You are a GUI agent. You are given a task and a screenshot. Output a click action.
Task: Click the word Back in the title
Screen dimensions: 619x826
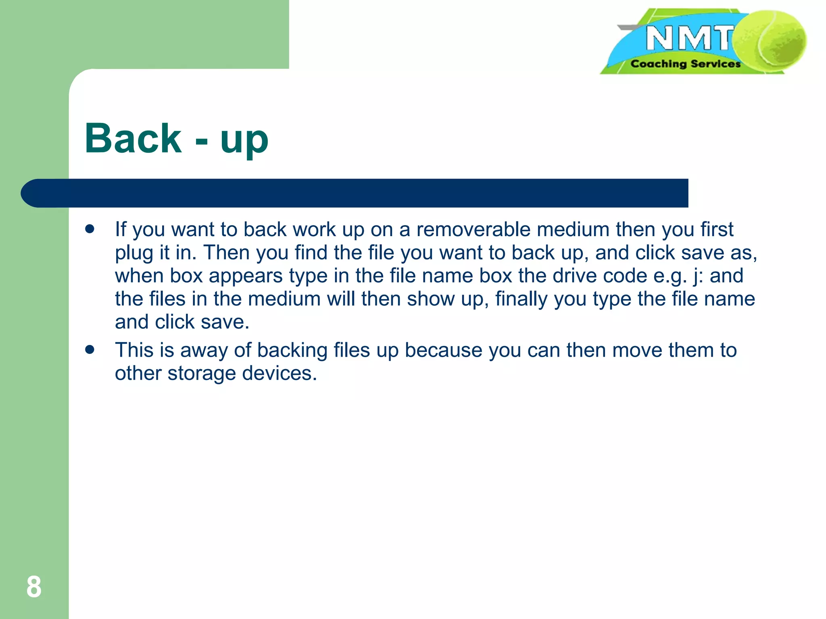133,138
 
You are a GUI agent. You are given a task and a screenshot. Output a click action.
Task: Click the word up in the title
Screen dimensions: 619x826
244,141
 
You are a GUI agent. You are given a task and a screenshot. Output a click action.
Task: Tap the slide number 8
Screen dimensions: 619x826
34,587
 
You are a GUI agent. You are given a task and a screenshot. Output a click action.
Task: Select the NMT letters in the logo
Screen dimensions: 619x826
689,38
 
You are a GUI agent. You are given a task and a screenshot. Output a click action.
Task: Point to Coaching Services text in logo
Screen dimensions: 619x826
685,64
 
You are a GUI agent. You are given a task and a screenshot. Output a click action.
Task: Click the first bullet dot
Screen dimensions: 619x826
90,229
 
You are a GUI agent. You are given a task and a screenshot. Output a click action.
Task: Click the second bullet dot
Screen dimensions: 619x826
90,349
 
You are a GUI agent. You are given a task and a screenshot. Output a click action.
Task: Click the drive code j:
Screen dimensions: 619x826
698,276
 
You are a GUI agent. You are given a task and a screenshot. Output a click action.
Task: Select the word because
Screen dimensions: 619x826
443,350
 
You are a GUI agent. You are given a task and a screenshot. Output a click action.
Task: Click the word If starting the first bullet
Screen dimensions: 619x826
121,229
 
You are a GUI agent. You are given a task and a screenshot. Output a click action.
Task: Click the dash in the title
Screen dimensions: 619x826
201,141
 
